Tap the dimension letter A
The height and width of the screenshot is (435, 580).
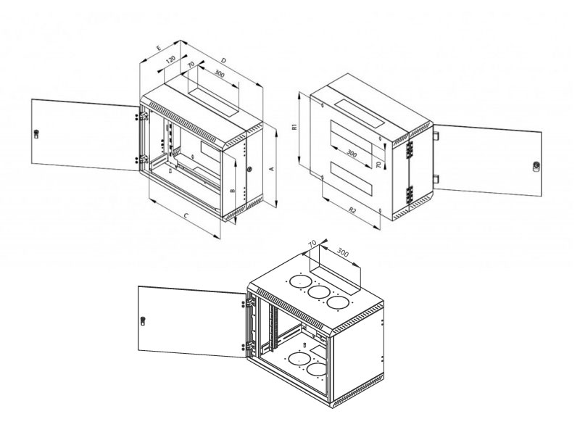(x=270, y=168)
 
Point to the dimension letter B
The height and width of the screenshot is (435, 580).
(x=231, y=190)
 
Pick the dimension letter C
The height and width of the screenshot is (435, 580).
(x=186, y=217)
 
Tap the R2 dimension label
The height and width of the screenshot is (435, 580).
(x=352, y=210)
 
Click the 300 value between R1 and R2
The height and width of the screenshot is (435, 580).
(x=352, y=154)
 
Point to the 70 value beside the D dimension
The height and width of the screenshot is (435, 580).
(x=190, y=65)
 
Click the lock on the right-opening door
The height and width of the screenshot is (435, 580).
(x=536, y=166)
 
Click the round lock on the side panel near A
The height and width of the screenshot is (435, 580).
(x=249, y=169)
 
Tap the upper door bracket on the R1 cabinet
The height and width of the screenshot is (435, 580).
(x=436, y=133)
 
